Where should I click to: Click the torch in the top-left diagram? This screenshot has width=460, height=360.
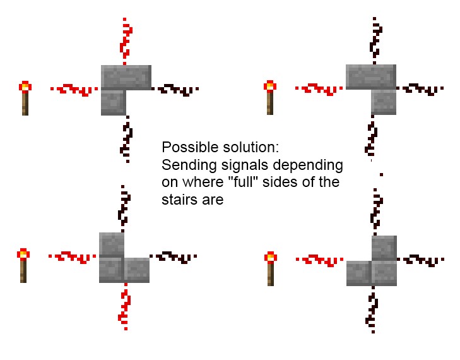coord(25,98)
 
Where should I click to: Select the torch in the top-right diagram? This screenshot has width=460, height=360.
coord(270,97)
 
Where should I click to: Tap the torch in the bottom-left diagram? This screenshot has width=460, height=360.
coord(23,266)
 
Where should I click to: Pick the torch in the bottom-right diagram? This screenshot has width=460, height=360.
coord(271,268)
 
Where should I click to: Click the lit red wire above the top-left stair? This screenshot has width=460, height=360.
coord(126,41)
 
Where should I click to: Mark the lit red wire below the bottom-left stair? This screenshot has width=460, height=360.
coord(125,307)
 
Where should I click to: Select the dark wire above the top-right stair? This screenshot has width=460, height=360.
coord(375,41)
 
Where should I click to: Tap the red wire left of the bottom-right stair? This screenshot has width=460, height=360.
coord(320,261)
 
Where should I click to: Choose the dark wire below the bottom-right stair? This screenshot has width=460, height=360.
coord(372,309)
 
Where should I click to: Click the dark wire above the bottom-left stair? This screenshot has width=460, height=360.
coord(124,208)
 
